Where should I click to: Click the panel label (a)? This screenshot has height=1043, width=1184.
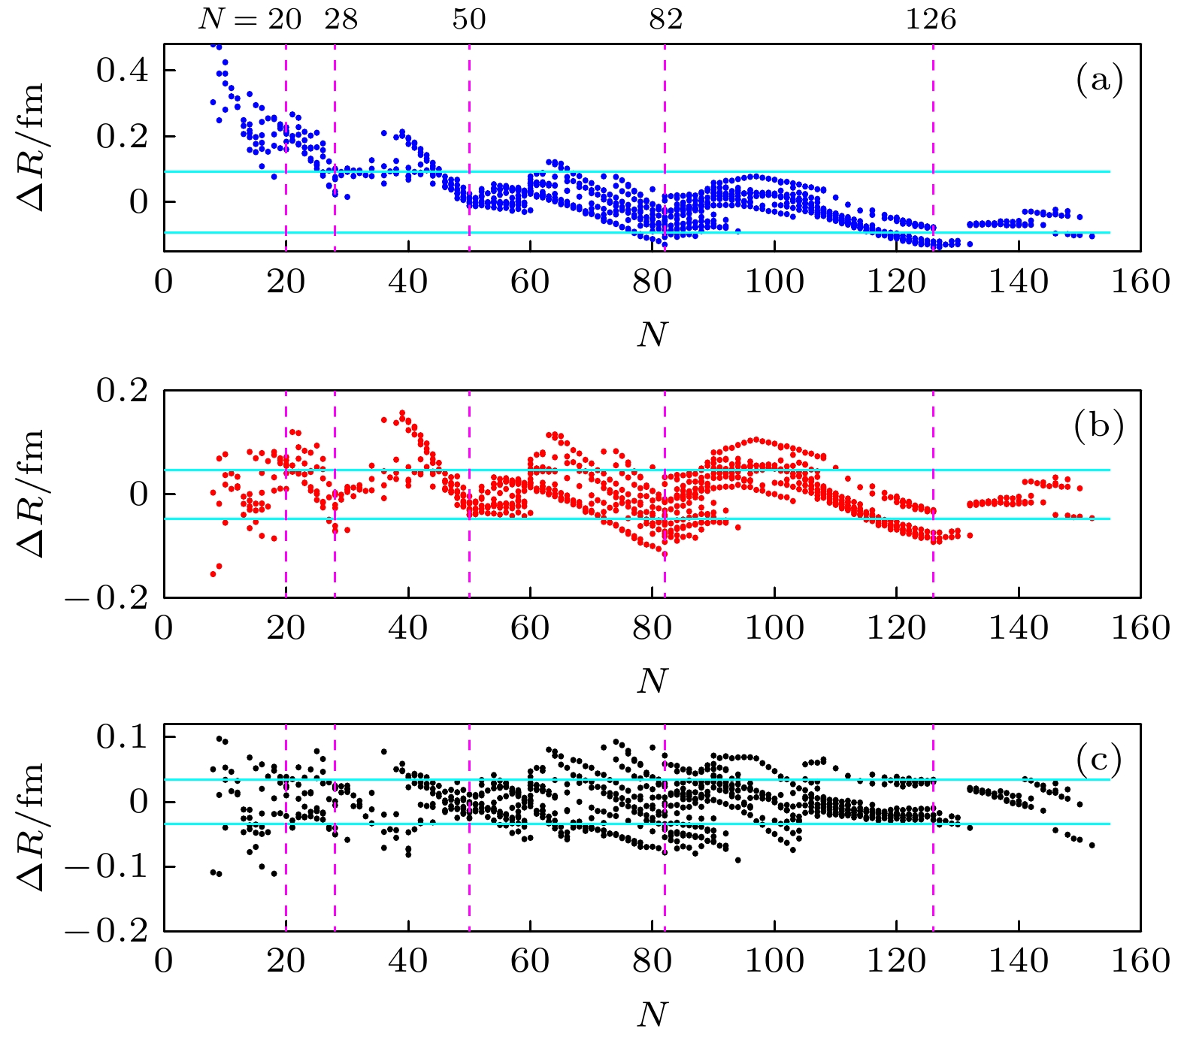click(1099, 79)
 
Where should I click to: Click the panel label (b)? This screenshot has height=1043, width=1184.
click(1098, 425)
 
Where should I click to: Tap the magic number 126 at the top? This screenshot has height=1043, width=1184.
click(931, 20)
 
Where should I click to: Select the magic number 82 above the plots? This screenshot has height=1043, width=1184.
click(666, 20)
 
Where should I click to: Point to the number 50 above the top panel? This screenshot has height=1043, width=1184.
click(469, 20)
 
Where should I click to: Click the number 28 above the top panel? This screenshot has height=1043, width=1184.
click(341, 20)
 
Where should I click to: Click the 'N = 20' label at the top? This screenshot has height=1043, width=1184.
click(250, 20)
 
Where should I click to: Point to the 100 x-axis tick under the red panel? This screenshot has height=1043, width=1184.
click(774, 628)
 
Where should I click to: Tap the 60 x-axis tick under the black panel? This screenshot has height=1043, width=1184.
click(530, 962)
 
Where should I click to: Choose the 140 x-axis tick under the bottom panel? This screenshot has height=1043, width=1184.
click(1018, 962)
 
